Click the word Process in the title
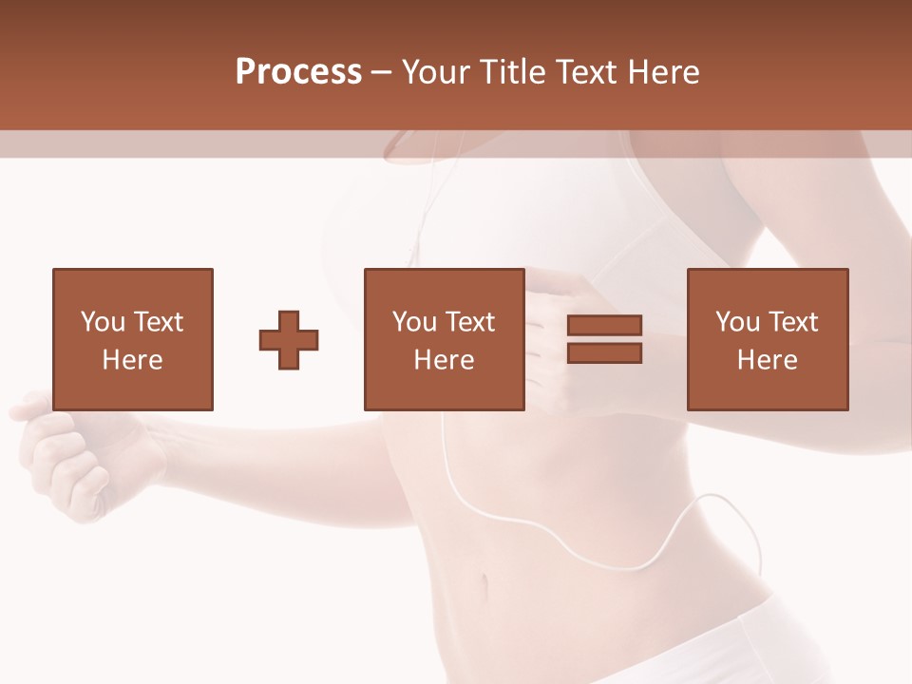pyautogui.click(x=298, y=72)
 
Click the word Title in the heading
pyautogui.click(x=513, y=72)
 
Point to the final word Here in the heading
pyautogui.click(x=667, y=72)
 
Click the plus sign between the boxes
pyautogui.click(x=289, y=340)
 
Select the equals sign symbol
pyautogui.click(x=604, y=339)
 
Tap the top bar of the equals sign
pyautogui.click(x=604, y=326)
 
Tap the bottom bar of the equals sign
pyautogui.click(x=604, y=353)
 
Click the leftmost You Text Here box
pyautogui.click(x=132, y=339)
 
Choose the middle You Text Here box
pyautogui.click(x=444, y=339)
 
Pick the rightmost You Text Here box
pyautogui.click(x=767, y=339)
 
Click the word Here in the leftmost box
pyautogui.click(x=132, y=360)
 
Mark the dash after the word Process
pyautogui.click(x=382, y=72)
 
